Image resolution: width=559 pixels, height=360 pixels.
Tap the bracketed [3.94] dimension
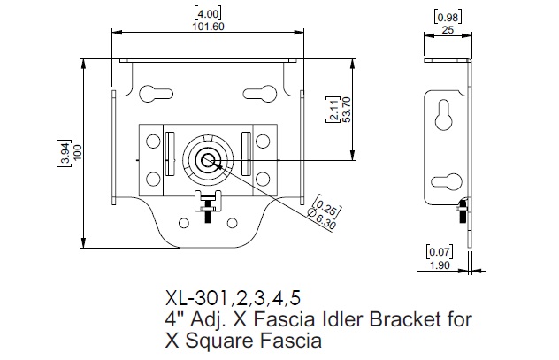65,152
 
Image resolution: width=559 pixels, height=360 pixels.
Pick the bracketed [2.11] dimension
333,112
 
